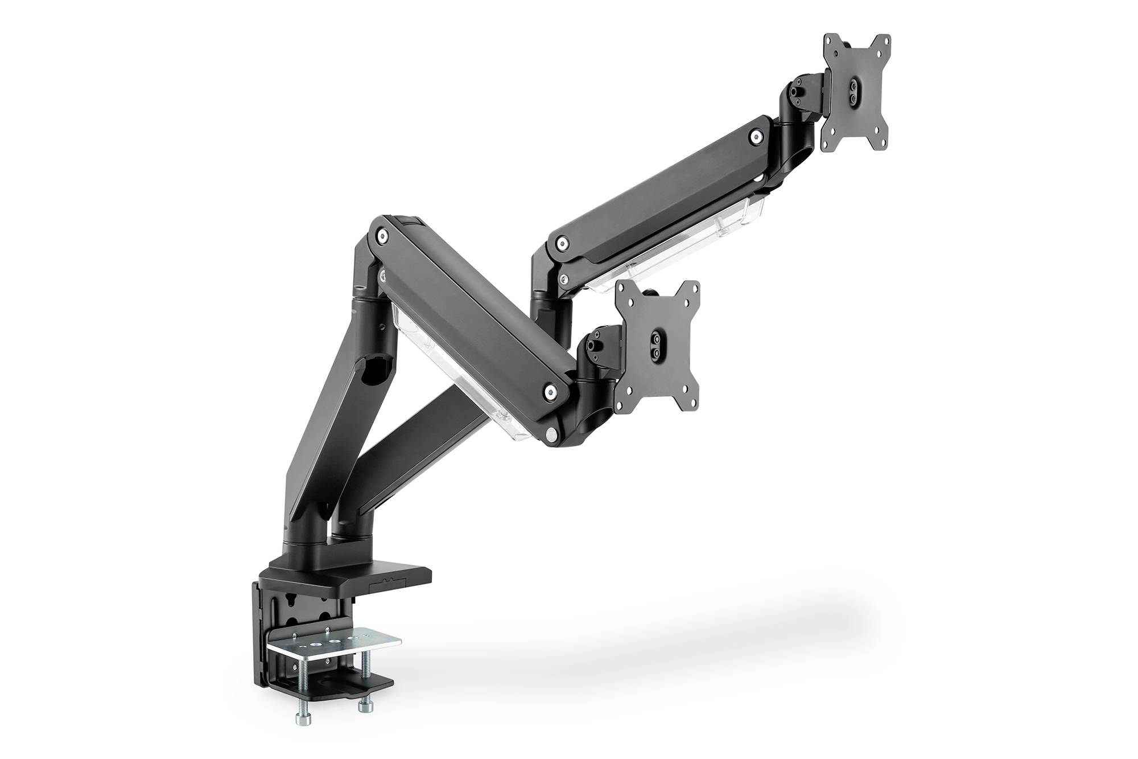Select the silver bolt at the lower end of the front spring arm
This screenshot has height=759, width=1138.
point(550,391)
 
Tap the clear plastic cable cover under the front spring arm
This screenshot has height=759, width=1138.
point(450,370)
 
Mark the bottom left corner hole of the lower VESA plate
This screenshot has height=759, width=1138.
point(623,405)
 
